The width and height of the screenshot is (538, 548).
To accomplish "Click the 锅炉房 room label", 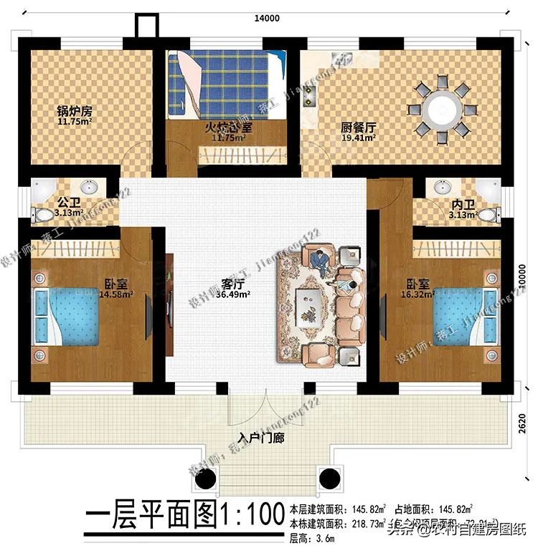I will pos(75,112).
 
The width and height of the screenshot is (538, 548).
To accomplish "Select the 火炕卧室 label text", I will pos(230,128).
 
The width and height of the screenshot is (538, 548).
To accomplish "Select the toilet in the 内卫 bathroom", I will pos(487,214).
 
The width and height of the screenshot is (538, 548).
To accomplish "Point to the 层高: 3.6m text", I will pos(314,537).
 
